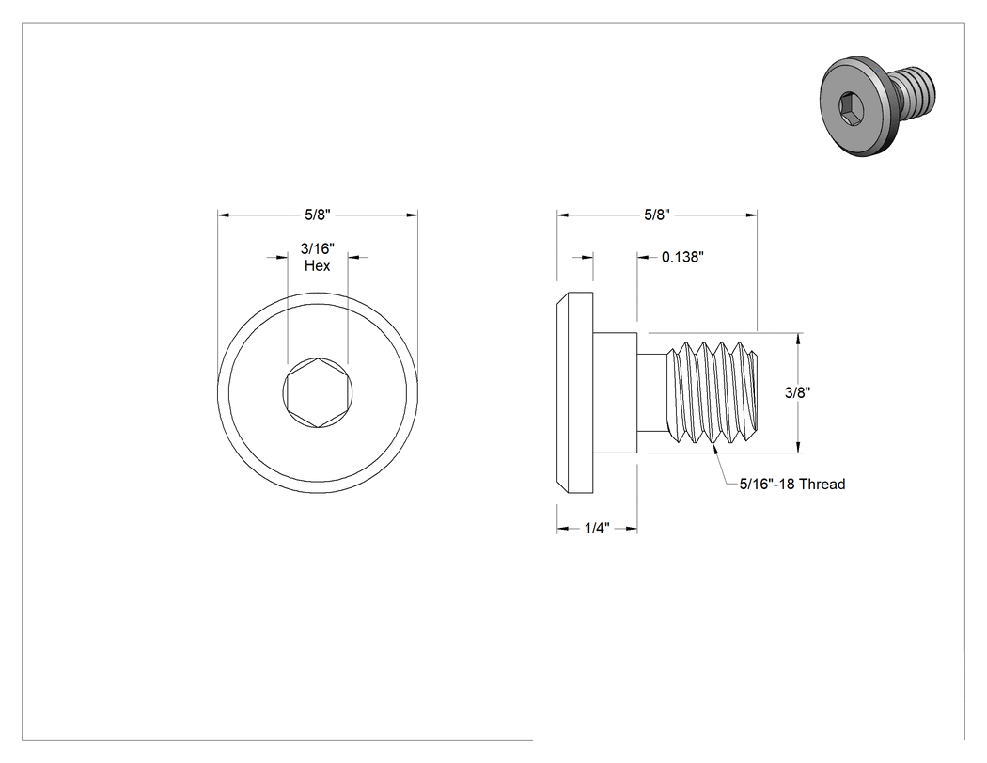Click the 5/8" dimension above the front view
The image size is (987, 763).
pyautogui.click(x=318, y=215)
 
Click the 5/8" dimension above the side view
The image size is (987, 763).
pyautogui.click(x=656, y=215)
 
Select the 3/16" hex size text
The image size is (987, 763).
pyautogui.click(x=318, y=249)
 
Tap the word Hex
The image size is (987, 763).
pyautogui.click(x=318, y=266)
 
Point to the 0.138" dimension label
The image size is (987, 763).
pyautogui.click(x=682, y=257)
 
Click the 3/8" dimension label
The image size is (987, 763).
pyautogui.click(x=797, y=392)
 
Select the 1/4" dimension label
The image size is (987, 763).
pyautogui.click(x=597, y=528)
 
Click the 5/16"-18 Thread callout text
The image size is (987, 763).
pyautogui.click(x=791, y=484)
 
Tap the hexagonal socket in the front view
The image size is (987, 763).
pyautogui.click(x=318, y=393)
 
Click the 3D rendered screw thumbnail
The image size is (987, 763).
pyautogui.click(x=877, y=104)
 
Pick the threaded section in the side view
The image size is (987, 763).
pyautogui.click(x=713, y=392)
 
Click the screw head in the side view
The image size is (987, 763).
pyautogui.click(x=574, y=392)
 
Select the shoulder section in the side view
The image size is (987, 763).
pyautogui.click(x=615, y=392)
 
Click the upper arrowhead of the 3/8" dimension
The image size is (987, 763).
pyautogui.click(x=799, y=339)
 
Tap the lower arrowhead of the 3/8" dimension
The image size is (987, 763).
pyautogui.click(x=799, y=447)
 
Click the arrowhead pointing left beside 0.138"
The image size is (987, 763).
pyautogui.click(x=643, y=257)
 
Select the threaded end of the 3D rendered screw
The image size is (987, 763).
pyautogui.click(x=916, y=88)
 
